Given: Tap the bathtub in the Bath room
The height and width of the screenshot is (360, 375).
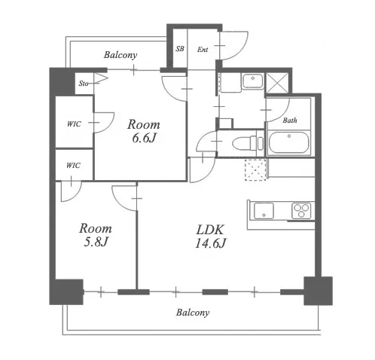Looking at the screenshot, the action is [288, 143].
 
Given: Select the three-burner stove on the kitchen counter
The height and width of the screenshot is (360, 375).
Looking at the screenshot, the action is [301, 211].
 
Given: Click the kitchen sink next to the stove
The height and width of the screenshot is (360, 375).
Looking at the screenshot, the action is [264, 211].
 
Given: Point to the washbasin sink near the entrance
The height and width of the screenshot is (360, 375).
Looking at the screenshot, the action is [253, 81].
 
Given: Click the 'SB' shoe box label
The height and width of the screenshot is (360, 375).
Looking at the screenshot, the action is [180, 49].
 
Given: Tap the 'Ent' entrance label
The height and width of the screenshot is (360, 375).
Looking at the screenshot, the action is [203, 50].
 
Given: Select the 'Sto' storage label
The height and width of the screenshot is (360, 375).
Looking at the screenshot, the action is [84, 84].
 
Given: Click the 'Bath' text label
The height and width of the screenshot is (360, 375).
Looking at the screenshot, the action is [290, 121].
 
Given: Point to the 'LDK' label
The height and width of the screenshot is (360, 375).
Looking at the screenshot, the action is [210, 230].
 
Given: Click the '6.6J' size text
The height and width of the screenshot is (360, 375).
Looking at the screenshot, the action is [144, 138].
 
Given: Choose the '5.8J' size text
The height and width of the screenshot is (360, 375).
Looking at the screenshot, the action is [96, 242].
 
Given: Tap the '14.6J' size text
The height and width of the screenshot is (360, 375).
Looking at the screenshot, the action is [211, 243].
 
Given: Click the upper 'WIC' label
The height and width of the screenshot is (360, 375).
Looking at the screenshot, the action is [74, 124].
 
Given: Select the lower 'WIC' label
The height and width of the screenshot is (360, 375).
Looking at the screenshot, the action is [73, 166].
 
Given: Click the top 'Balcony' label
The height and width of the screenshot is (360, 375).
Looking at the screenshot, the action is [120, 55].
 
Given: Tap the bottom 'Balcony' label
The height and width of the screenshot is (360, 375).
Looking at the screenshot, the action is [193, 313].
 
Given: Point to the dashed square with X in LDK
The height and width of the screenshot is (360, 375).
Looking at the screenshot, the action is [255, 169].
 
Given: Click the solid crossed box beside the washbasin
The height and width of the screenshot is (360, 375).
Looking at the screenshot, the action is [277, 83].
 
